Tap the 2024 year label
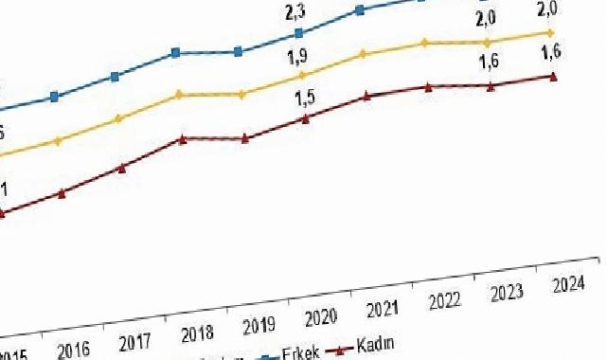pyautogui.click(x=567, y=284)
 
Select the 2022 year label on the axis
pyautogui.click(x=445, y=301)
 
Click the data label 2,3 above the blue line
pyautogui.click(x=295, y=12)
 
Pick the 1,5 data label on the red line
pyautogui.click(x=305, y=97)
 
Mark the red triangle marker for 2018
pyautogui.click(x=183, y=138)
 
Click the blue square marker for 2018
pyautogui.click(x=176, y=53)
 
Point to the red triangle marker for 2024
pyautogui.click(x=552, y=76)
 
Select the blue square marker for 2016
pyautogui.click(x=54, y=97)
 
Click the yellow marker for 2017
pyautogui.click(x=117, y=119)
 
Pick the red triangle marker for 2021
pyautogui.click(x=366, y=96)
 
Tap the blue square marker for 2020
pyautogui.click(x=299, y=33)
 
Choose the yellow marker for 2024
pyautogui.click(x=550, y=32)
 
